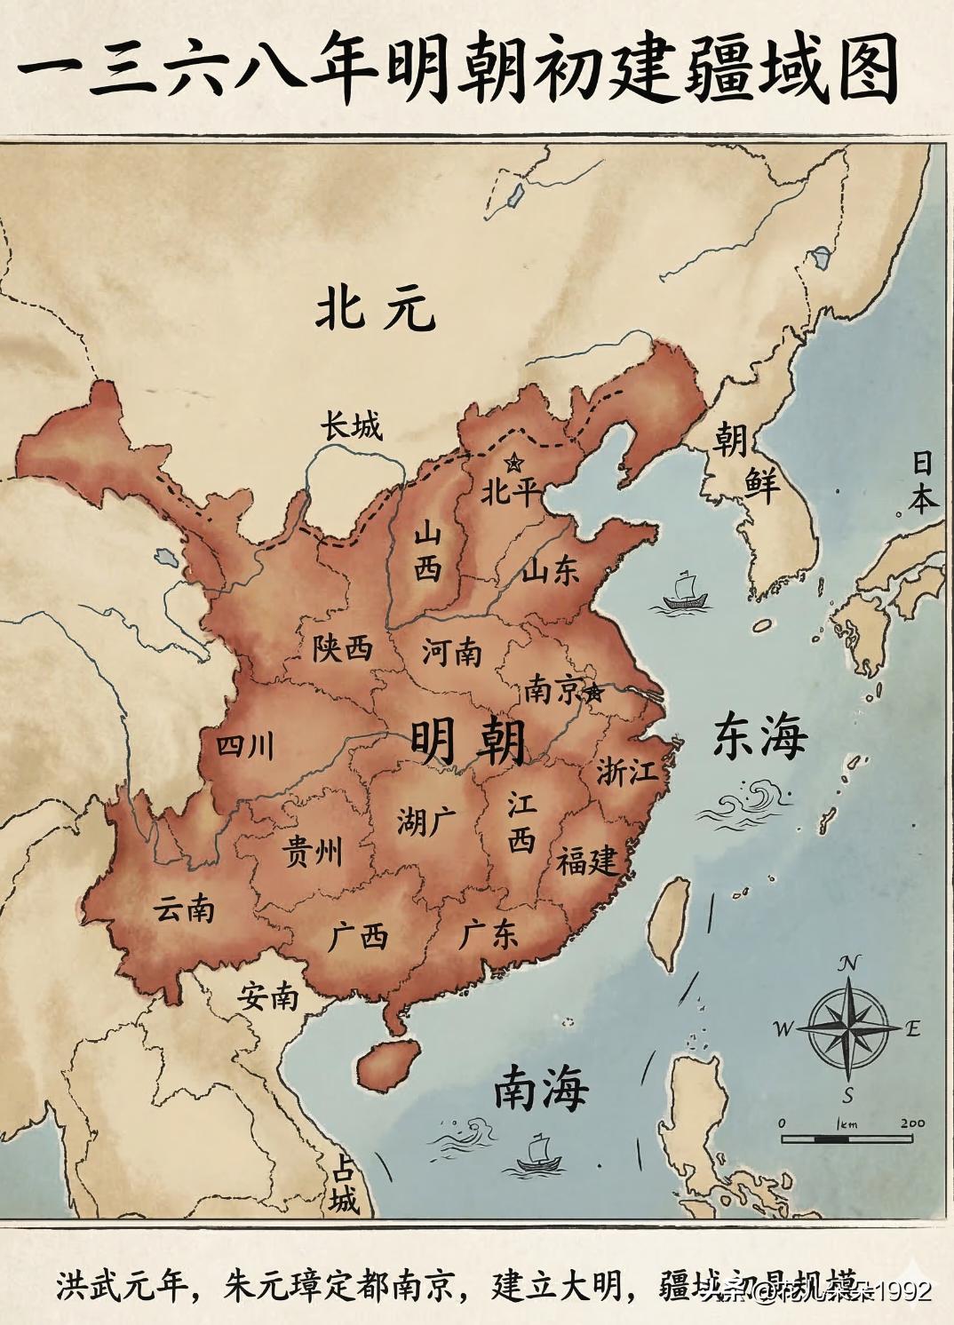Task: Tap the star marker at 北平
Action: click(513, 463)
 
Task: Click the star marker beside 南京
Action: click(593, 692)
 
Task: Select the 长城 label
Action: click(352, 427)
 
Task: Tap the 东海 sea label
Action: click(760, 735)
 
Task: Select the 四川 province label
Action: click(245, 746)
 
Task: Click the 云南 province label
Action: click(184, 908)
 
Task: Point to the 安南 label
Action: click(267, 997)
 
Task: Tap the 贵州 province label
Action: click(311, 853)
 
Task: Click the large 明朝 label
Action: click(468, 741)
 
